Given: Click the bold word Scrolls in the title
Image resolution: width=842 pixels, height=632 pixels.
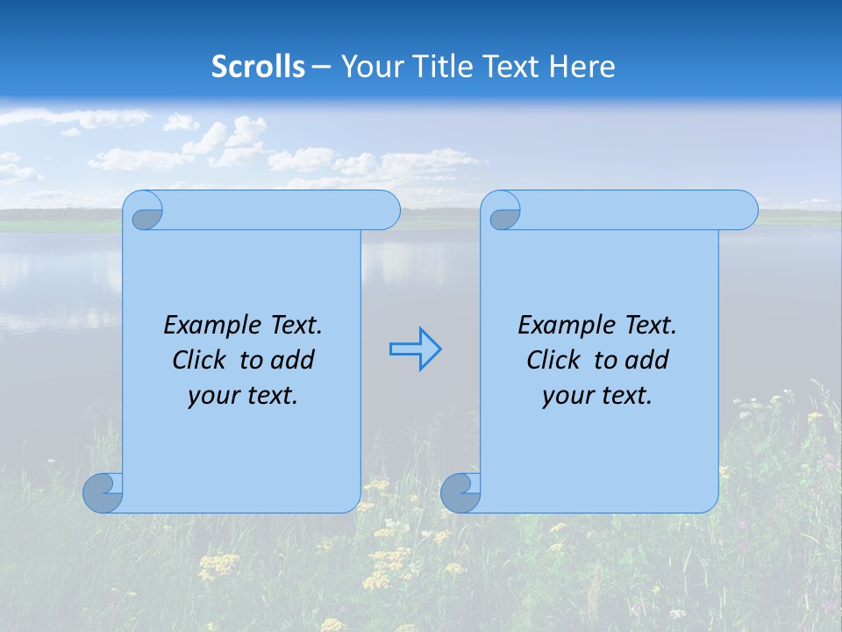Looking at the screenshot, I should point(259,67).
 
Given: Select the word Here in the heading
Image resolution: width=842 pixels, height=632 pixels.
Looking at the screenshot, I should point(582,67).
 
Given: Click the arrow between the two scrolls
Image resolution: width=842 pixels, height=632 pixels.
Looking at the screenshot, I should point(415,349).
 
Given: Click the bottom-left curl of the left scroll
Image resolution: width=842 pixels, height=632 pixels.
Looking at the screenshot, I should point(103,492).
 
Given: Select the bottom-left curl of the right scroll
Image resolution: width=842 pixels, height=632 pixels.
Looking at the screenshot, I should point(460,492).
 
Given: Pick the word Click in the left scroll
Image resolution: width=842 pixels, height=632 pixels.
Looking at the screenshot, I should point(199,361).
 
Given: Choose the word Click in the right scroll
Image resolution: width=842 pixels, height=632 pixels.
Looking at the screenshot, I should point(553,361).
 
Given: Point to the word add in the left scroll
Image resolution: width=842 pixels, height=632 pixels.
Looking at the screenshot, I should point(293,361).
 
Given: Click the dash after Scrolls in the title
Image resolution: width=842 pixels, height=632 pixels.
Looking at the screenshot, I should point(322,67).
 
